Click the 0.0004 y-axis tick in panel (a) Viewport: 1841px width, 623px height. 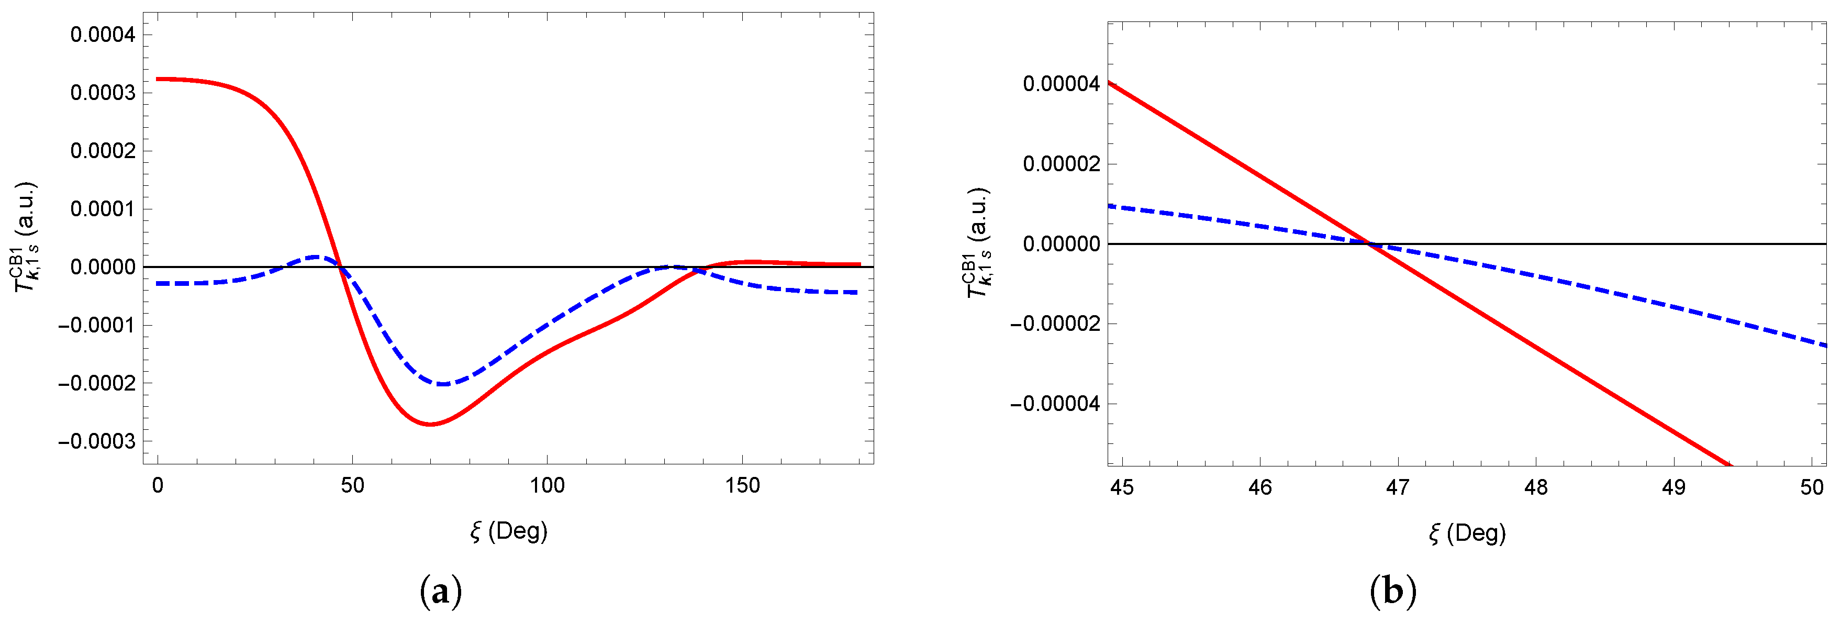point(102,35)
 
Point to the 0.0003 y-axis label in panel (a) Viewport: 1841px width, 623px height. point(102,93)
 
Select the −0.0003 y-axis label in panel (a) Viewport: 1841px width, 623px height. point(96,441)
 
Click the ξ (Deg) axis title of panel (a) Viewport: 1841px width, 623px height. point(508,531)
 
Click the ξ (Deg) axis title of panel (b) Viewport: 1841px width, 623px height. point(1467,533)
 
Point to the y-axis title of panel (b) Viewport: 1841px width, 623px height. point(978,243)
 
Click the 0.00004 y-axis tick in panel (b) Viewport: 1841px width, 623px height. point(1061,84)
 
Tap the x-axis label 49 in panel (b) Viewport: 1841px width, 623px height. point(1674,487)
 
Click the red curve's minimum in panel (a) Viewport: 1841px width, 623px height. point(430,425)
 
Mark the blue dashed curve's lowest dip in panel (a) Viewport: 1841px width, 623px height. point(443,384)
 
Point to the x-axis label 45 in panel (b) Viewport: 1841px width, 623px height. point(1122,487)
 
